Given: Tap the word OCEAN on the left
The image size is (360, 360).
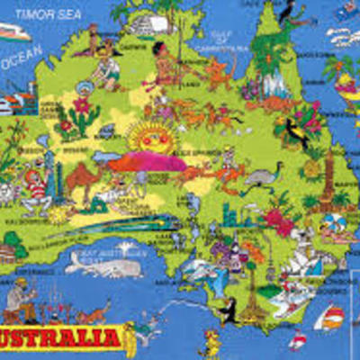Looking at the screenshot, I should point(22,62).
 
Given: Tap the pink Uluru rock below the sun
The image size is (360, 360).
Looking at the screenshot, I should point(148,162).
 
